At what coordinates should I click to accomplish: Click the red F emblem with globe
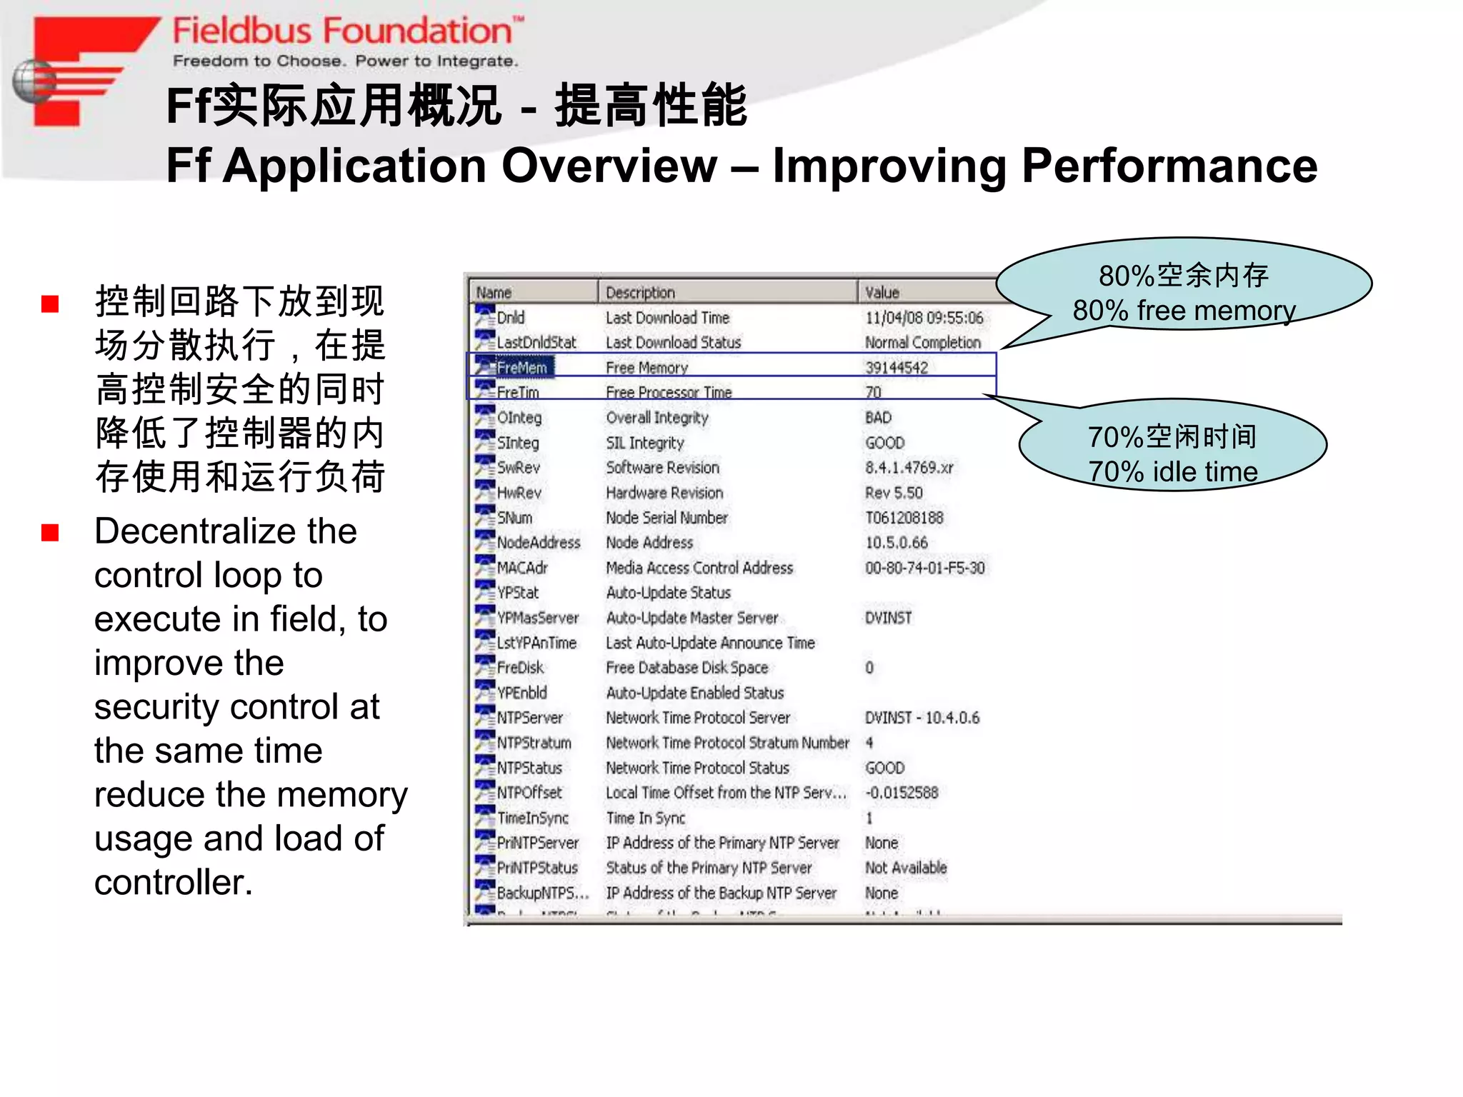click(79, 71)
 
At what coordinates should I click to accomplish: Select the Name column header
click(494, 292)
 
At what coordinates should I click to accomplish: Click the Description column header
click(640, 292)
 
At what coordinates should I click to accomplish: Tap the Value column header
click(882, 292)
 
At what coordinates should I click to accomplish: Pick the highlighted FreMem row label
click(521, 368)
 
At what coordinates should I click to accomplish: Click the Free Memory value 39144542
click(897, 368)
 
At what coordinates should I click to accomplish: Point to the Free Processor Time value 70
click(873, 393)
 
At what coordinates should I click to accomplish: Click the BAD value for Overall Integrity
click(878, 418)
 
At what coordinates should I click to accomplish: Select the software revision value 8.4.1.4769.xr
click(909, 468)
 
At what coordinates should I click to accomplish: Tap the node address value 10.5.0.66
click(897, 543)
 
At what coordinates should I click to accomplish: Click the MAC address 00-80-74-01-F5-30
click(924, 568)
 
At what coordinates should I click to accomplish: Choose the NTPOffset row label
click(529, 793)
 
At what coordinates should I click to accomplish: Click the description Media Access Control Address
click(699, 568)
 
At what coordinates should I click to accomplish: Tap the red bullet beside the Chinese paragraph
click(50, 305)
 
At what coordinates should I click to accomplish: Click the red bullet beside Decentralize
click(50, 533)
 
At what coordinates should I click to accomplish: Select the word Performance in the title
click(1169, 166)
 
